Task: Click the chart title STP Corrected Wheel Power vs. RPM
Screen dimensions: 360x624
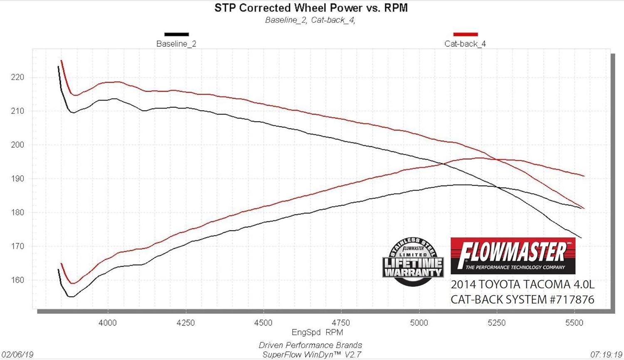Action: [311, 8]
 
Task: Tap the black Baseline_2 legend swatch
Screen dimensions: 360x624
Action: [176, 35]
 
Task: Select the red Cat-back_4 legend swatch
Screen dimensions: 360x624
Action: [465, 35]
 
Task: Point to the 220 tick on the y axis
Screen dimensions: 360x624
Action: [17, 77]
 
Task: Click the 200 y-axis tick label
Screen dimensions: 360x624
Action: [17, 145]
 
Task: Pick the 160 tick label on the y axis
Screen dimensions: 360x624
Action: [17, 280]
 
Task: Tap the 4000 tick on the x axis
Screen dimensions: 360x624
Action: [108, 323]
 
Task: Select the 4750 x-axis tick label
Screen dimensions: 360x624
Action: [341, 323]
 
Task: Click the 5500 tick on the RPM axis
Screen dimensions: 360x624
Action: [574, 323]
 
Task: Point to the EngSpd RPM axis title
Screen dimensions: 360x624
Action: [317, 333]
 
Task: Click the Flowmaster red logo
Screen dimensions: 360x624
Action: [513, 256]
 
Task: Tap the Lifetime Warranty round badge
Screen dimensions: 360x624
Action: [413, 262]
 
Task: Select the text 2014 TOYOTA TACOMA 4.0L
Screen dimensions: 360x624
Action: [522, 285]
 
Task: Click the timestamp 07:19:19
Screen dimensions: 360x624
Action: [606, 355]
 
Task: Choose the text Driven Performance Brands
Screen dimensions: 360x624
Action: [310, 345]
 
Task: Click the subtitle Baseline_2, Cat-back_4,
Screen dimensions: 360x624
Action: [310, 20]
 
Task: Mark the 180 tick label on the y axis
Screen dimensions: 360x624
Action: [17, 213]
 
